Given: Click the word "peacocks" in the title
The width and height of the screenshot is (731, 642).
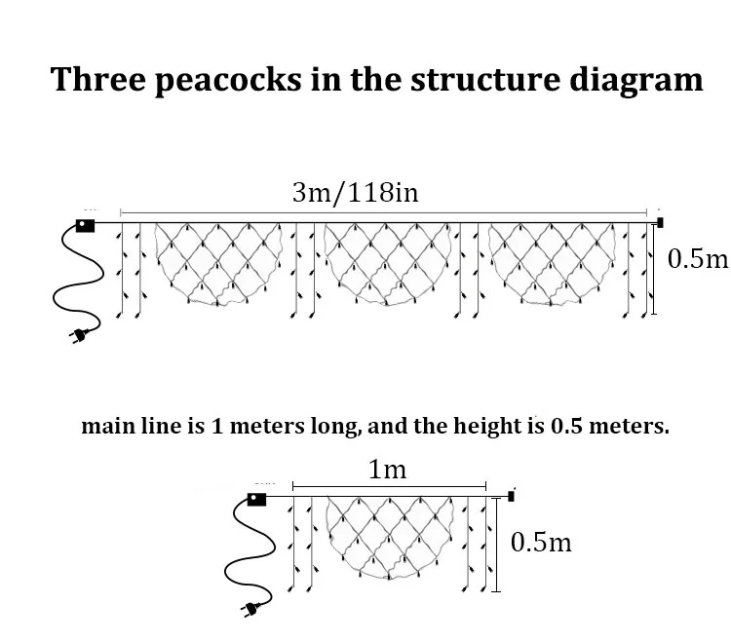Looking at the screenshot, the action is [x=220, y=80].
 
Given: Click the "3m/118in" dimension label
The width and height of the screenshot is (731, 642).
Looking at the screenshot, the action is [x=355, y=192].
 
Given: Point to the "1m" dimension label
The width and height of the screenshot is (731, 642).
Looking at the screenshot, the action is [x=387, y=470].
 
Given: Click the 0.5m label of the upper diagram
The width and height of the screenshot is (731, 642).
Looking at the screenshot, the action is [x=698, y=259].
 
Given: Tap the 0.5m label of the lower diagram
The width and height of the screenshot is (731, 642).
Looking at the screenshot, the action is [x=541, y=542].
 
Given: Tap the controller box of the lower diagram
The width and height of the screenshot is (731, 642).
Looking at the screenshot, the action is [x=256, y=500].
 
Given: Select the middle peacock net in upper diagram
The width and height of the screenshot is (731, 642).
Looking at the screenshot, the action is [x=381, y=261].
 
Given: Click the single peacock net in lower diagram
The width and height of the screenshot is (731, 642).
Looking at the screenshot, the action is [x=387, y=536].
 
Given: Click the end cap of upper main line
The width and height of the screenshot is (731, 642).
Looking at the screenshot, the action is [x=660, y=222].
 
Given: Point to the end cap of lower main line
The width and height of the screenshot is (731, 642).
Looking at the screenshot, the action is [x=512, y=497].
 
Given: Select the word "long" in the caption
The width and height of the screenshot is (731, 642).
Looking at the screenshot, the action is [x=337, y=427].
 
